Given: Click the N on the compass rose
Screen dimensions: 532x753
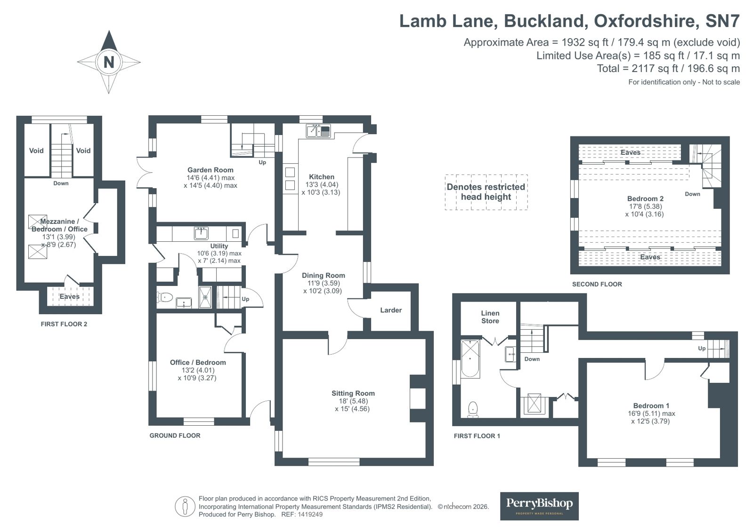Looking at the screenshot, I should [x=109, y=62].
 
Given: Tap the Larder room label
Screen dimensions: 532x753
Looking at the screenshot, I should [x=390, y=310].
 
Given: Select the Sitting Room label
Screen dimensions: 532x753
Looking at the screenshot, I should [x=353, y=393].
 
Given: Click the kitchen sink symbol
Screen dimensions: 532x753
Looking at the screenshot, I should [x=318, y=131].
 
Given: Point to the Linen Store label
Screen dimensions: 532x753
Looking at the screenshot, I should [x=490, y=317].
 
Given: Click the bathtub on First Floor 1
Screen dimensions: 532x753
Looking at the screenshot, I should [x=470, y=358].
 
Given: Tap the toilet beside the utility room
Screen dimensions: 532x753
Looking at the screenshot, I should [x=164, y=297].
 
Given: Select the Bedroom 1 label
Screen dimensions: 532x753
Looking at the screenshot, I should [x=651, y=405].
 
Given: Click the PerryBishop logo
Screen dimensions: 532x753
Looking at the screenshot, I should [x=539, y=506].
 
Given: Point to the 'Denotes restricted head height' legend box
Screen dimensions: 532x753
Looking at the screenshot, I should [x=486, y=192].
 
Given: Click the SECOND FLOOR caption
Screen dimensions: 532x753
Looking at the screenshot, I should [x=597, y=284].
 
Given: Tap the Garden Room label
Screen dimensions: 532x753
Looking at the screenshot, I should [x=210, y=170].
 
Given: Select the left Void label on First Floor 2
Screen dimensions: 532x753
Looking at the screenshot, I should [x=36, y=151].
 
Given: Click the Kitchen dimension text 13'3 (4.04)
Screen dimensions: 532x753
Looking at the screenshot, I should [x=322, y=184].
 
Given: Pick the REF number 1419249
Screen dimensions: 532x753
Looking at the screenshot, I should [x=310, y=515].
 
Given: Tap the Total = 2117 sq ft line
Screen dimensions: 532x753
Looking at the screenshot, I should [x=668, y=69].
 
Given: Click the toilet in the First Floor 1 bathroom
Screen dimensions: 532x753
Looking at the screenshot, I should [x=472, y=409].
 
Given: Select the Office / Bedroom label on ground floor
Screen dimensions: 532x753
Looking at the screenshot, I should [x=197, y=362].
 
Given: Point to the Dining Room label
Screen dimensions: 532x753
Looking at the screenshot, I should [x=323, y=275].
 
